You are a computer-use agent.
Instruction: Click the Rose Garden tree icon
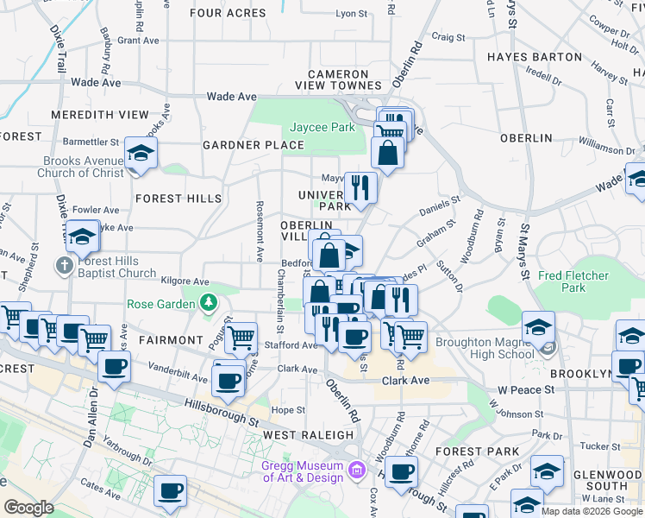(x=208, y=303)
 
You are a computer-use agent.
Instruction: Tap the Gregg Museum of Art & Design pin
(x=358, y=471)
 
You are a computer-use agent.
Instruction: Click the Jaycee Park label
(x=322, y=127)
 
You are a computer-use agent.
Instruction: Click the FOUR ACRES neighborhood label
(x=228, y=13)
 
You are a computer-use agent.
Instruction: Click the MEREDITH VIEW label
(x=100, y=114)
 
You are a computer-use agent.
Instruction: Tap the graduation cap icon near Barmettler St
(x=141, y=154)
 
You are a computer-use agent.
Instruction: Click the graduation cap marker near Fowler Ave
(x=82, y=236)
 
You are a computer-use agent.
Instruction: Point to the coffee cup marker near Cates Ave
(x=170, y=492)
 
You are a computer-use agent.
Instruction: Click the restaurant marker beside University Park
(x=360, y=186)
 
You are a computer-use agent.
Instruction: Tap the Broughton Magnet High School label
(x=485, y=348)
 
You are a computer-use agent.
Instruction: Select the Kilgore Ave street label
(x=185, y=281)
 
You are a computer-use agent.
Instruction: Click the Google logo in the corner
(x=28, y=508)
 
